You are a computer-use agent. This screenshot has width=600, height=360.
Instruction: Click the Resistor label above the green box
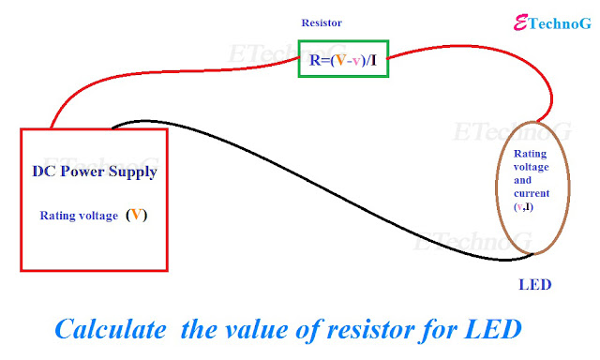pyautogui.click(x=322, y=22)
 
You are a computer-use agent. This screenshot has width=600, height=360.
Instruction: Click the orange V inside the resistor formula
pyautogui.click(x=340, y=60)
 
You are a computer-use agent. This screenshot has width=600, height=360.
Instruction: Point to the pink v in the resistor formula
pyautogui.click(x=356, y=61)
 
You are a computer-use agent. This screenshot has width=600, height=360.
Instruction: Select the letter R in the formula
pyautogui.click(x=314, y=60)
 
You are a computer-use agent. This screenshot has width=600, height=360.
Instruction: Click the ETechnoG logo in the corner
pyautogui.click(x=552, y=22)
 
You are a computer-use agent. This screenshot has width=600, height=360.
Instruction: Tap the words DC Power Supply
pyautogui.click(x=95, y=172)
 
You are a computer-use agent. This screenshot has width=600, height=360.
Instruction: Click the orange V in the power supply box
pyautogui.click(x=136, y=215)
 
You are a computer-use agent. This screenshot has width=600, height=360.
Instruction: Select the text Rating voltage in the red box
pyautogui.click(x=79, y=216)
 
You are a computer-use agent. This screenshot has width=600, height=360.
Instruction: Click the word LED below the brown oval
pyautogui.click(x=534, y=285)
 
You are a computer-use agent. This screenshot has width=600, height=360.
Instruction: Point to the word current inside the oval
pyautogui.click(x=532, y=193)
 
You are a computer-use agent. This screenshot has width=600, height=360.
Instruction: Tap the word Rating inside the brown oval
pyautogui.click(x=530, y=154)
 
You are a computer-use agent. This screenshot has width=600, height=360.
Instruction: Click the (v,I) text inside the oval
pyautogui.click(x=523, y=207)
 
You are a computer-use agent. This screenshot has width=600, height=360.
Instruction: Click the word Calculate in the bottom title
pyautogui.click(x=111, y=329)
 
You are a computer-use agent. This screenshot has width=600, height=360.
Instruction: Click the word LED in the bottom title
pyautogui.click(x=493, y=329)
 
